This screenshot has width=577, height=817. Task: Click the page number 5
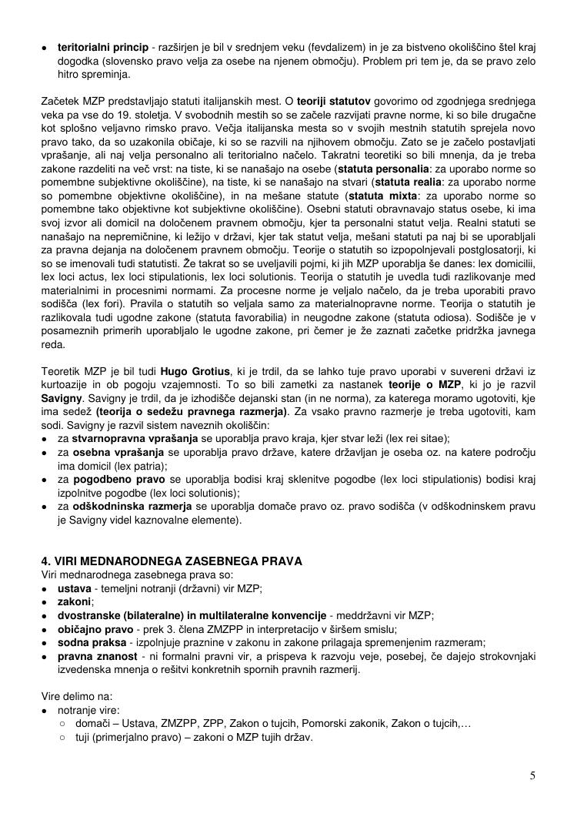coord(532,775)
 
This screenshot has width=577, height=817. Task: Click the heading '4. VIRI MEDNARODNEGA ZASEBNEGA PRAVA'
coord(172,561)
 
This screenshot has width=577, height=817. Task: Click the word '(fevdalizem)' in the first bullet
coord(338,48)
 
